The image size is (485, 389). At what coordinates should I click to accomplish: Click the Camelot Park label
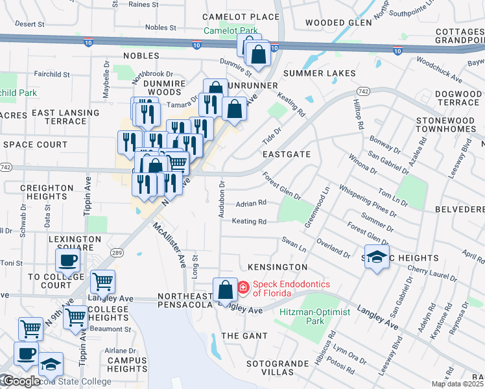(x=231, y=30)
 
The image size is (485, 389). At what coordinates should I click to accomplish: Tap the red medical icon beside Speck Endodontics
(x=243, y=287)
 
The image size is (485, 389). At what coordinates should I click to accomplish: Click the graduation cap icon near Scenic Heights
(x=377, y=258)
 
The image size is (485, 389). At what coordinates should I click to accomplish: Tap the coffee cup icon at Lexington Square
(x=67, y=261)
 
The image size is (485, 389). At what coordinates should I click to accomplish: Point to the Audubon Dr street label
(x=222, y=193)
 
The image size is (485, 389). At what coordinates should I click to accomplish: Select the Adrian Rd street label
(x=251, y=203)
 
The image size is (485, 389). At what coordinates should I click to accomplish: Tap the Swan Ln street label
(x=294, y=244)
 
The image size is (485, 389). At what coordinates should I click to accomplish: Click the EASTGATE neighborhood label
(x=287, y=155)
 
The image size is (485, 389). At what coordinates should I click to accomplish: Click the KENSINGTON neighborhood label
(x=278, y=267)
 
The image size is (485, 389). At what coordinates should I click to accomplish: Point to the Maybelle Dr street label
(x=106, y=80)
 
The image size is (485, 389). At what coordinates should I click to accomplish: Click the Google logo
(x=22, y=381)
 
